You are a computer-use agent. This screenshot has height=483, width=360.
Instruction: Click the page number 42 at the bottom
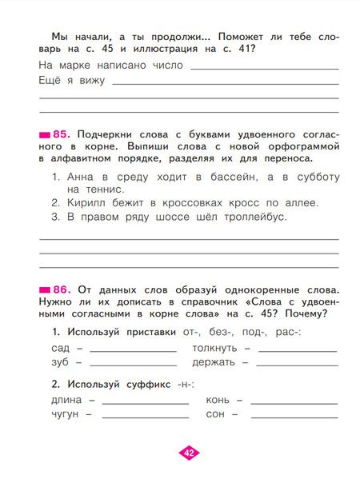point(189,453)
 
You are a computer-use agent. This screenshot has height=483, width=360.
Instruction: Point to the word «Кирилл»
point(86,202)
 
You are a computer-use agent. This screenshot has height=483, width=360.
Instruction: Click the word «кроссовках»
point(190,202)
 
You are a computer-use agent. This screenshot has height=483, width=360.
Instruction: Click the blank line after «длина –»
point(144,401)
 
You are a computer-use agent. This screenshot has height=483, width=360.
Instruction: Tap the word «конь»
point(218,399)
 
